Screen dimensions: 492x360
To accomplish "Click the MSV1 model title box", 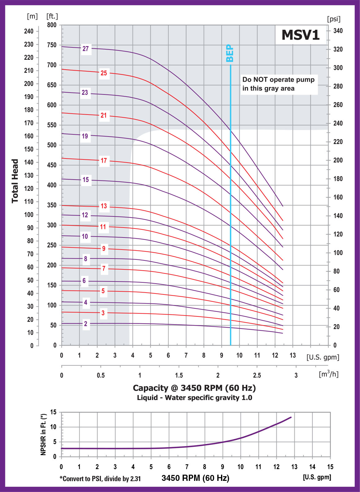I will coord(301,35).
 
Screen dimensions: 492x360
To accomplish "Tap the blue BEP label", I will coord(230,53).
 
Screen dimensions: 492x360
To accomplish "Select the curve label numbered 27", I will coord(86,49).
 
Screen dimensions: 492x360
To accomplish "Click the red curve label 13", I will coord(104,206).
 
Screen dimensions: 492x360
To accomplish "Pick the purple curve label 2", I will coord(86,324).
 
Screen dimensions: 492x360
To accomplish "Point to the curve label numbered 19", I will coord(85,136).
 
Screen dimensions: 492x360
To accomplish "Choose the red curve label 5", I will coord(103,291).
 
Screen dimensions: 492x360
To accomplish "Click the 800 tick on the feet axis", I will coord(52,25).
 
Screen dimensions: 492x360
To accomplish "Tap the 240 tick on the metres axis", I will coord(29,31).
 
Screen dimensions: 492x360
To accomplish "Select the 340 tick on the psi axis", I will coord(338,31).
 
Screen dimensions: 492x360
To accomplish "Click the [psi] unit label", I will coord(334,19).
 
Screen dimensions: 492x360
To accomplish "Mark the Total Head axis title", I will coord(15,181).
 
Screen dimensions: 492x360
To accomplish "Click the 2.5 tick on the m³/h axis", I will coord(257,375).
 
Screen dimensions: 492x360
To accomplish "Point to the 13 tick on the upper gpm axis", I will coord(293,355).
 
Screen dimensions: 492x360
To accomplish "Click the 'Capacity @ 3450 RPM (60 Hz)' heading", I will coord(194,388).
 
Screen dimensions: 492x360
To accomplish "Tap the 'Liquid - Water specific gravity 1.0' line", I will coord(194,398).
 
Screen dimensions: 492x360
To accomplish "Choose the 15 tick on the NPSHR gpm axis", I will coord(330,467).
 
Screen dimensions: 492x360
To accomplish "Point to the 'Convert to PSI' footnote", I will coord(100,479).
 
